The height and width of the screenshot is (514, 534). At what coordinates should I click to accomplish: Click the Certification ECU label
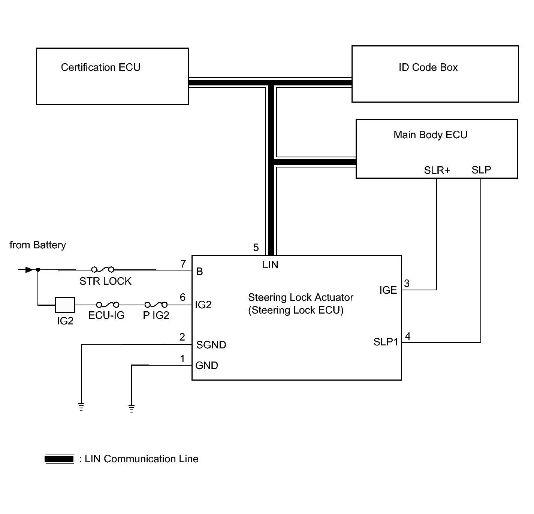pos(101,67)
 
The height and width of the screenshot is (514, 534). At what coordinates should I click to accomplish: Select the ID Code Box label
pos(428,67)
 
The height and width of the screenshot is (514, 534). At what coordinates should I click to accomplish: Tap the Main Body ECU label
pos(430,134)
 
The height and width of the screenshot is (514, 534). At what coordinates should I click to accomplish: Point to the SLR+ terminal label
pos(437,170)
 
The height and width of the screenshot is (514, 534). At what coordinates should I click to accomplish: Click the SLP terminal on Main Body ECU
pos(481,170)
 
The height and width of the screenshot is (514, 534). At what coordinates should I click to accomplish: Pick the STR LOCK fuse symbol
pos(103,270)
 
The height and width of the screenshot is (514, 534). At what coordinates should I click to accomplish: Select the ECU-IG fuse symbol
pos(108,305)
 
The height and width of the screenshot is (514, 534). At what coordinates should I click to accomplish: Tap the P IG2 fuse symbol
pos(156,305)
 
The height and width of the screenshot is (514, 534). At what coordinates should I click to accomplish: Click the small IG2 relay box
pos(65,305)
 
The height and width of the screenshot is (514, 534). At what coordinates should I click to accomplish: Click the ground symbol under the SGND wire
pos(81,406)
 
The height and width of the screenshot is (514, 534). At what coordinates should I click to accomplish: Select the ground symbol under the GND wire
pos(132,408)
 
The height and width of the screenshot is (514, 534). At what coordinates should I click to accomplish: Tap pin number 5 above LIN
pos(256,247)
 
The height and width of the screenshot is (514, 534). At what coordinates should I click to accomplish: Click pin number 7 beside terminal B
pos(183,264)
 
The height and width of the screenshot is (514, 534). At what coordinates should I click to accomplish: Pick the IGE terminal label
pos(388,290)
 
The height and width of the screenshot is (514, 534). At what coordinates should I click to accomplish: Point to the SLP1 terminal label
pos(386,342)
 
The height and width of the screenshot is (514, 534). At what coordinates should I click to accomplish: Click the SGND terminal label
pos(211,345)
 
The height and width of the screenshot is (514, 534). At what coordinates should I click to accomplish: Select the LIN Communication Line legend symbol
pos(59,459)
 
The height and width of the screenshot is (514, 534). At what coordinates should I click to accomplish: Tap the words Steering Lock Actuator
pos(301,297)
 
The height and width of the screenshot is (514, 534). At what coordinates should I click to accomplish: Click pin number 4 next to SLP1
pos(408,336)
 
